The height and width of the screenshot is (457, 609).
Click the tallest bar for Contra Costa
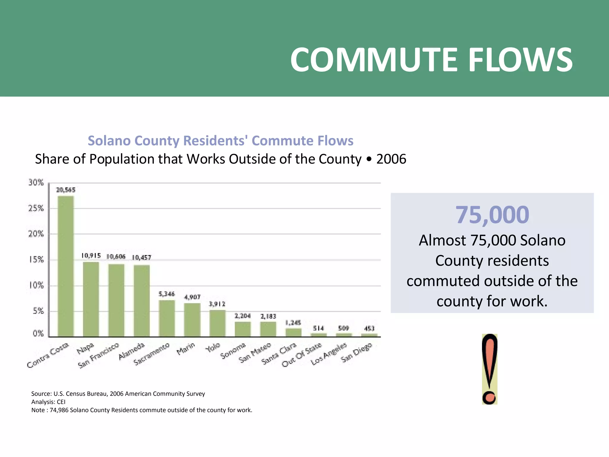tap(66, 266)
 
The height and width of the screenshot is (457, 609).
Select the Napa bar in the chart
tap(91, 299)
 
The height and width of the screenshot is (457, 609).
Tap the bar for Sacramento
tap(167, 318)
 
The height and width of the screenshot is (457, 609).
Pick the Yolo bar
tap(217, 323)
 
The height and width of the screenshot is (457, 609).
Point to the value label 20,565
tap(66, 190)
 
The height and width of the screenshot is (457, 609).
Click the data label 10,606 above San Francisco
tap(116, 256)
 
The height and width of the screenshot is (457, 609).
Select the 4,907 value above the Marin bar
tap(192, 297)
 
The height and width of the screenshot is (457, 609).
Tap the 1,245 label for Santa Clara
tap(293, 323)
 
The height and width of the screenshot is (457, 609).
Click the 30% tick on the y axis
tap(36, 182)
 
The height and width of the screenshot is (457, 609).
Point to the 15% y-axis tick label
tap(36, 260)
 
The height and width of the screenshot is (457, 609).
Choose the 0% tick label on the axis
tap(38, 334)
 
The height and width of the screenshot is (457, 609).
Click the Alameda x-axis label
tap(132, 351)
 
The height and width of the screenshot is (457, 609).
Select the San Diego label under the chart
tap(356, 353)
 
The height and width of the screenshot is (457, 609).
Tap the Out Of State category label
tap(302, 355)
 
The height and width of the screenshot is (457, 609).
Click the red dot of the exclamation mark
tap(489, 397)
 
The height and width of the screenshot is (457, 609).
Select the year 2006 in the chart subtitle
tap(391, 159)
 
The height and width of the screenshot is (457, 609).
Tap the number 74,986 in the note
tap(59, 410)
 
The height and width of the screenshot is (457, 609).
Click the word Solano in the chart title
tap(109, 140)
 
